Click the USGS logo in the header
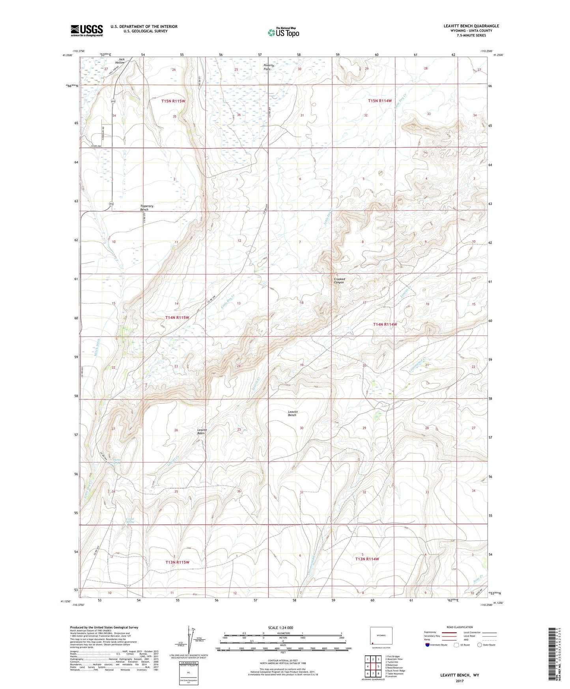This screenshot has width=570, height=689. (x=87, y=30)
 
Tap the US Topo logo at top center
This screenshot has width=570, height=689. (x=283, y=32)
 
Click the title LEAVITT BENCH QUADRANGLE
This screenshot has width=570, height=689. (x=471, y=26)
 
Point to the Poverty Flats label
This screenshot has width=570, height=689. (x=269, y=67)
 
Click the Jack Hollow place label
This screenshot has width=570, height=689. (x=120, y=61)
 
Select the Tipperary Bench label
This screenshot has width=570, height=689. (x=147, y=208)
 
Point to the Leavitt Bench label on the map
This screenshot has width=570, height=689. (x=292, y=413)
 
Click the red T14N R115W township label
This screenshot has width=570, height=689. (x=177, y=317)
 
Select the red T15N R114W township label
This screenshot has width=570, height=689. (x=379, y=101)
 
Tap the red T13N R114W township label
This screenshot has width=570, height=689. (x=367, y=559)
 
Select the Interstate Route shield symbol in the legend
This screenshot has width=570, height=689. (x=428, y=645)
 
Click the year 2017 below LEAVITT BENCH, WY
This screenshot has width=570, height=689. (x=460, y=681)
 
